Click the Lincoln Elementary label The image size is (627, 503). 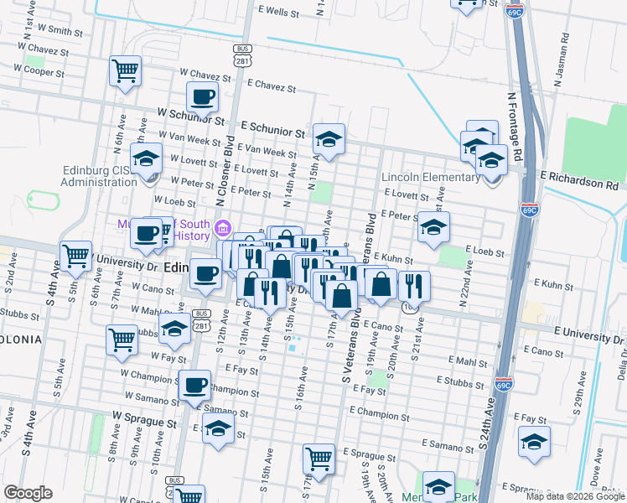[430, 178]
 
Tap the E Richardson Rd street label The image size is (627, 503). [579, 179]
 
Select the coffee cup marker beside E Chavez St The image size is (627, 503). [203, 97]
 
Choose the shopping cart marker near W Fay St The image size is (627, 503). [122, 340]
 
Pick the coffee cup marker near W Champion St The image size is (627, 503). [194, 385]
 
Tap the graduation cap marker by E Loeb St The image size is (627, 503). [433, 227]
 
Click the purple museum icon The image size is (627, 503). [223, 228]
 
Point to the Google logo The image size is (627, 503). [28, 493]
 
